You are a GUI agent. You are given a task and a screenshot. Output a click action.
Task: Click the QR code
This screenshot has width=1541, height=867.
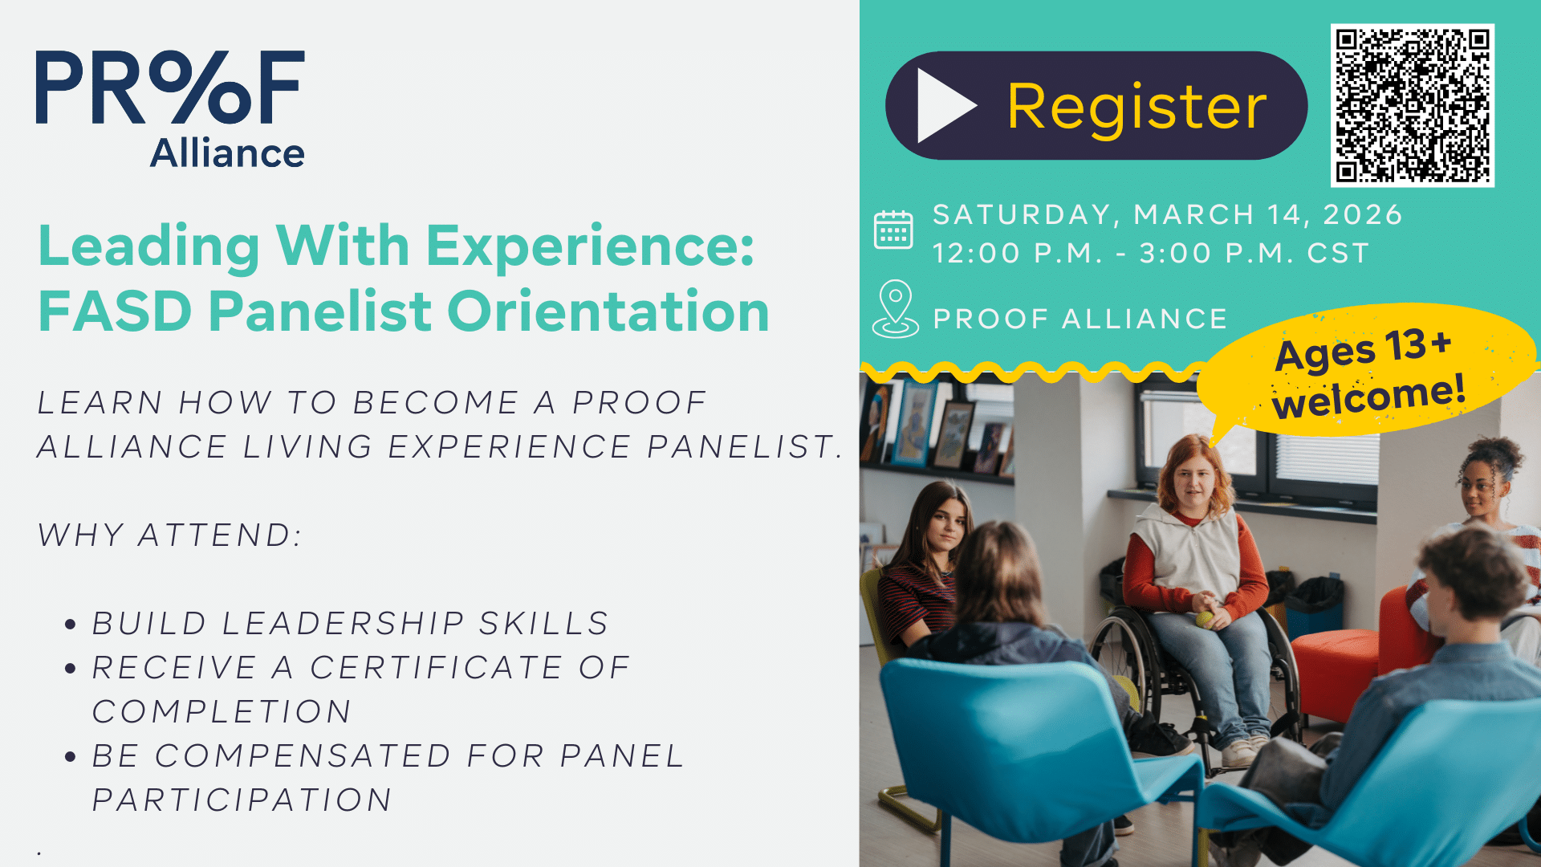(x=1412, y=105)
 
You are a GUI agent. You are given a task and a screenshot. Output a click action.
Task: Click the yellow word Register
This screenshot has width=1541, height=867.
(x=1136, y=108)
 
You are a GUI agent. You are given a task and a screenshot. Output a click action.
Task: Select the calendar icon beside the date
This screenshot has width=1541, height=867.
(x=893, y=230)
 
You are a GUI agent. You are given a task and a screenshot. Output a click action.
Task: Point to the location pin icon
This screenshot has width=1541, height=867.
(x=896, y=309)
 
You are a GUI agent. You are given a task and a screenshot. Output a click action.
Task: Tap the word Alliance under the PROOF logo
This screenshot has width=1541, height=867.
(x=227, y=153)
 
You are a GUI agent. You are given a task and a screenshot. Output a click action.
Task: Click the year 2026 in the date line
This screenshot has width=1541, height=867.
(x=1362, y=214)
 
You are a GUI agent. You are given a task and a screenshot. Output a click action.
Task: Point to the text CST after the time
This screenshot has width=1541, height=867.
(x=1338, y=253)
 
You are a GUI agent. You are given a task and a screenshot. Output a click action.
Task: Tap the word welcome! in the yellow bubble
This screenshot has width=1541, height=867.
(x=1369, y=396)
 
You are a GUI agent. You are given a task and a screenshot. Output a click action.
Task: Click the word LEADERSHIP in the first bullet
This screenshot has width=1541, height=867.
(x=343, y=623)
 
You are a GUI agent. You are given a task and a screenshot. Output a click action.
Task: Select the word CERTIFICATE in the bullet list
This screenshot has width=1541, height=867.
(x=437, y=667)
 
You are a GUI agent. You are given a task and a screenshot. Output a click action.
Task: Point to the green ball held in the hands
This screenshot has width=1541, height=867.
(x=1204, y=619)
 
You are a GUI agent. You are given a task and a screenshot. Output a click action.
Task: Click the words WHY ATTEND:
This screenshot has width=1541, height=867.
(x=170, y=535)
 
